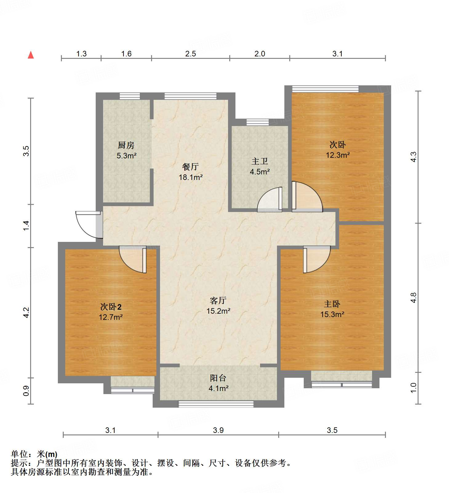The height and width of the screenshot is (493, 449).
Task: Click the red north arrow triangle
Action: (x=31, y=55)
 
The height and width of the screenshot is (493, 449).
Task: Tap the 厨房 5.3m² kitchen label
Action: (x=126, y=150)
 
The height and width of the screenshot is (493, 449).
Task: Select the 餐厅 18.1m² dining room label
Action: (x=190, y=172)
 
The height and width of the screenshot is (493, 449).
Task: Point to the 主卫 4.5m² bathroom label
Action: (x=260, y=166)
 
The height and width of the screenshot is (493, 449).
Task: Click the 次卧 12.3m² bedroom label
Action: (x=338, y=150)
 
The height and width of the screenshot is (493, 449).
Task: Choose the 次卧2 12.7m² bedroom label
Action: (x=111, y=312)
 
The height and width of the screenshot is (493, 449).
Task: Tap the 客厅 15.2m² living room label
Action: (x=218, y=306)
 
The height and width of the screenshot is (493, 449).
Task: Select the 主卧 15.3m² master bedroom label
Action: (x=332, y=309)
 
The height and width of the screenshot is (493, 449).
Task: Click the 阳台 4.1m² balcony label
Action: (x=218, y=383)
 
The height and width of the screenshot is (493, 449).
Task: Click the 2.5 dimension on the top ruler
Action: (x=190, y=54)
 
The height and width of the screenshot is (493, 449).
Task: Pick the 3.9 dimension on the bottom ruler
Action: (x=218, y=430)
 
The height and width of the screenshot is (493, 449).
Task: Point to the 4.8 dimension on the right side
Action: (x=413, y=298)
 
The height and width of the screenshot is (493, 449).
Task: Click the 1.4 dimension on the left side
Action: (x=26, y=226)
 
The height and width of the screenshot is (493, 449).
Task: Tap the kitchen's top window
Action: (x=130, y=96)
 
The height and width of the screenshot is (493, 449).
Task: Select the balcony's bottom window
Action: (x=216, y=404)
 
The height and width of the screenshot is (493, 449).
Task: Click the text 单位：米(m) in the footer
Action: (x=34, y=454)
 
